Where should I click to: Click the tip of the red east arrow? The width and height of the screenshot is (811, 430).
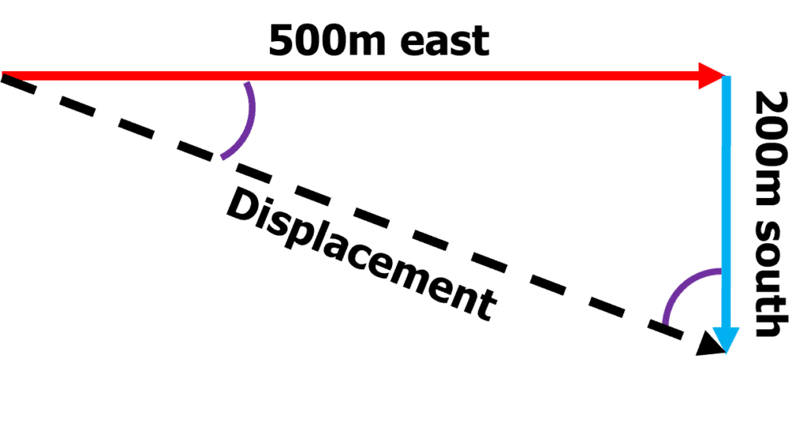pos(725,76)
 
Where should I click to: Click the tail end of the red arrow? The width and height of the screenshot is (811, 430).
pos(2,76)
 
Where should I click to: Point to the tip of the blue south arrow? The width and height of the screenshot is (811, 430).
pos(726,354)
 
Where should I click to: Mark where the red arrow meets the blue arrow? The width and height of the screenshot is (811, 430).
pos(726,77)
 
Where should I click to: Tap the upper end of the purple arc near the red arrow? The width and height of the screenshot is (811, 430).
pos(248,83)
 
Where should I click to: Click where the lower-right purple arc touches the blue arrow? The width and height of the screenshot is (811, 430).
pos(721,271)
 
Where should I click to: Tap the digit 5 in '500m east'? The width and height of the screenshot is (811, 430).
pos(284,40)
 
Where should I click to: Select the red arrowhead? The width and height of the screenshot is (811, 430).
pos(712,76)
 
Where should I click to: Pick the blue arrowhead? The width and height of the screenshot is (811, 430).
pos(726,341)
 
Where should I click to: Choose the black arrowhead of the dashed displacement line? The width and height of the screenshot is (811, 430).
pos(710,345)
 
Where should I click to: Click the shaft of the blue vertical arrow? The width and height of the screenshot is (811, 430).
pos(726,202)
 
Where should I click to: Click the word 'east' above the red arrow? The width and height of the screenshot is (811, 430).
pos(445,42)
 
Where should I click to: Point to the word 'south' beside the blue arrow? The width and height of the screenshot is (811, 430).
pos(771,280)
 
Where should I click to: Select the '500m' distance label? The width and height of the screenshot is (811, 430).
pos(328,40)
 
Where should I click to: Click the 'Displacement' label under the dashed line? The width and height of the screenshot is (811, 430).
pos(361,254)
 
